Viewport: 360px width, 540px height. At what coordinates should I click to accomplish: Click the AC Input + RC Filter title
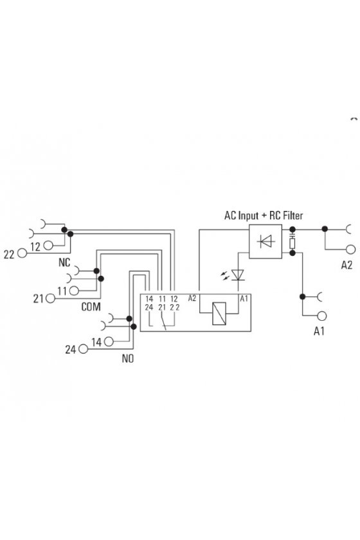(264, 215)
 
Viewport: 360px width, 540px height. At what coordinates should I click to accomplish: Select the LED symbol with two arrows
(234, 275)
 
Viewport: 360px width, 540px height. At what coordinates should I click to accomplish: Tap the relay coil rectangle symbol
(219, 314)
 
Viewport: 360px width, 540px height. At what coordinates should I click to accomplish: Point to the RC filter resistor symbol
(292, 244)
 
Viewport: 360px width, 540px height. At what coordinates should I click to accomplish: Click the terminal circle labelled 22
(22, 253)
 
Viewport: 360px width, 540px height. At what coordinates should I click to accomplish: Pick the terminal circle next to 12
(48, 246)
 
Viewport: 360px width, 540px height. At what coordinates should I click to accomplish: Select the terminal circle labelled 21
(50, 298)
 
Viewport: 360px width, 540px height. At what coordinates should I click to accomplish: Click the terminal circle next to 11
(74, 291)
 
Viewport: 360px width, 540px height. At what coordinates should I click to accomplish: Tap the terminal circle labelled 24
(84, 349)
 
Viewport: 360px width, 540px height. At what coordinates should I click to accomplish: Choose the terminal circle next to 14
(109, 341)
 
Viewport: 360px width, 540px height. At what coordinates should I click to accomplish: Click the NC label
(64, 263)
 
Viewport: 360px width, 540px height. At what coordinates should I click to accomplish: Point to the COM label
(91, 307)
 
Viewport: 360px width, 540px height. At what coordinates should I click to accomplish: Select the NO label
(127, 359)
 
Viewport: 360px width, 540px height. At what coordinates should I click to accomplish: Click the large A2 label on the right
(346, 265)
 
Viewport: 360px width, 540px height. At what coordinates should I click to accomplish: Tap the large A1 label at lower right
(319, 331)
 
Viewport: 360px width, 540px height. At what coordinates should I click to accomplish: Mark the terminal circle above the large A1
(322, 316)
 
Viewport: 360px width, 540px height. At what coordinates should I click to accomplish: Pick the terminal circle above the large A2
(351, 249)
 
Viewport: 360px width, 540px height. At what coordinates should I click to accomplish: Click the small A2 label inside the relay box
(192, 298)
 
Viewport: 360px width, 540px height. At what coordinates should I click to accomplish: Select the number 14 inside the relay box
(149, 299)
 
